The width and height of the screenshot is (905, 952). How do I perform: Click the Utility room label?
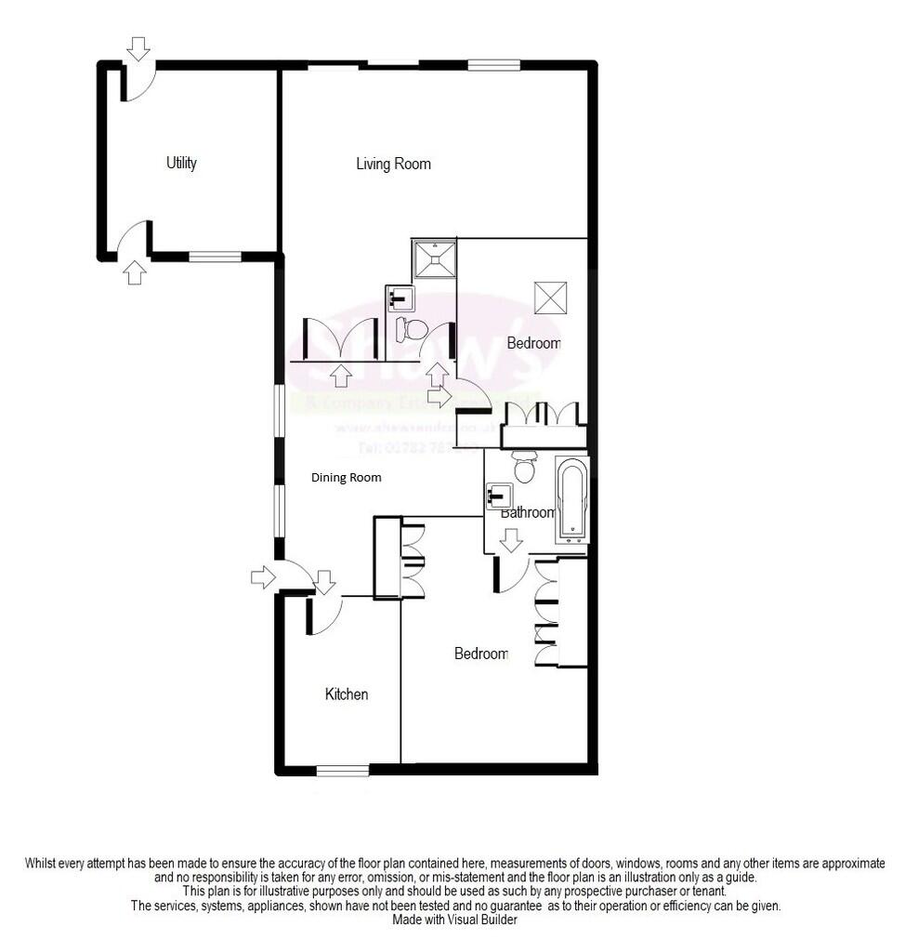tap(181, 163)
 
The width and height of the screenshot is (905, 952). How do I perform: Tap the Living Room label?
tap(393, 164)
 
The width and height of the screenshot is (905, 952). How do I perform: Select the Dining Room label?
tap(346, 478)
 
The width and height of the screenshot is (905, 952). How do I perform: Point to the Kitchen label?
tap(346, 694)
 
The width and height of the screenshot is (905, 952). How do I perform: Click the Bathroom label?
tap(527, 512)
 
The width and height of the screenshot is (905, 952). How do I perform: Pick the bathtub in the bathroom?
tap(571, 500)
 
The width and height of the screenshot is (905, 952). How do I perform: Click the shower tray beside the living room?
tap(434, 258)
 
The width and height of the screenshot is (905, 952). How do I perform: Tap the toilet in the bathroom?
tap(525, 467)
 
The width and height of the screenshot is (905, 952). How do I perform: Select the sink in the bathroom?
tap(498, 496)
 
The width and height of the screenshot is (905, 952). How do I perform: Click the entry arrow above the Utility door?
tap(138, 47)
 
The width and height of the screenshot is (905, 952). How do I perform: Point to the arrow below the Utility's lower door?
tap(135, 272)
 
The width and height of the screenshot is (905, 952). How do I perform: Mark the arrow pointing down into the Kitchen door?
tap(324, 582)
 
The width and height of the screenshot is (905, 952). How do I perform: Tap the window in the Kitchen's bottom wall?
tap(342, 769)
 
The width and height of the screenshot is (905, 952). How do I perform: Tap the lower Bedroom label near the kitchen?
tap(481, 654)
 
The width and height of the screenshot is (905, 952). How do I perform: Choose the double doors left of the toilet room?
tap(341, 339)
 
